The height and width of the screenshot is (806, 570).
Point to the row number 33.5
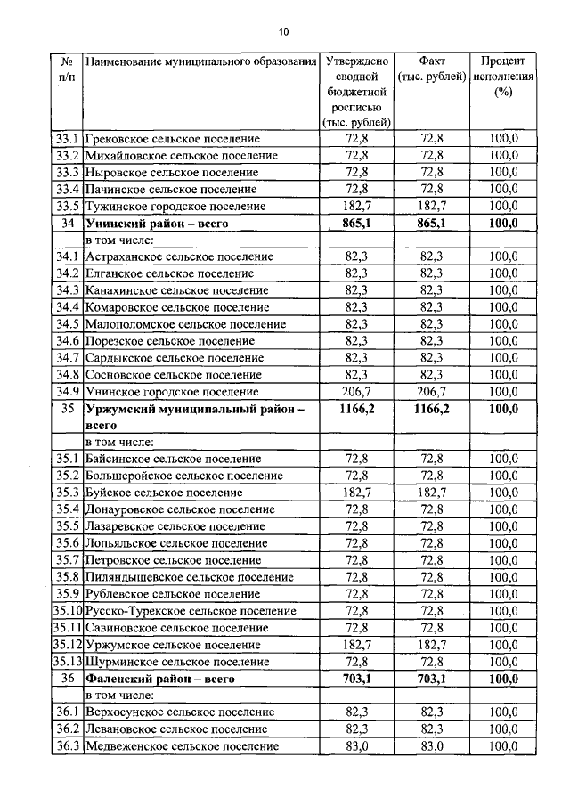click(x=67, y=206)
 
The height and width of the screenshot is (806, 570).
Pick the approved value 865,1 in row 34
click(x=355, y=223)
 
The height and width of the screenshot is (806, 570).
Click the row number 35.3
click(x=67, y=492)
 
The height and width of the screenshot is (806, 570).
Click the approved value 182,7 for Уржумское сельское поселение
click(x=355, y=645)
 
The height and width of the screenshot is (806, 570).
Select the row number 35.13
click(x=67, y=662)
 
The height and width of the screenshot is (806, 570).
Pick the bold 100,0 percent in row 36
click(x=502, y=679)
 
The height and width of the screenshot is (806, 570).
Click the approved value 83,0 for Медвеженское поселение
click(x=355, y=746)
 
